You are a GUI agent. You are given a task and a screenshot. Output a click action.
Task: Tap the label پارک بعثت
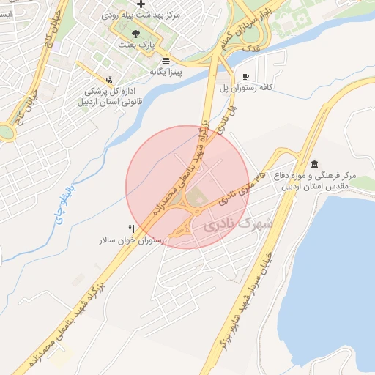coord(135,45)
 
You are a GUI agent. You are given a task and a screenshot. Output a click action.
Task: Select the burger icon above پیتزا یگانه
coord(166,60)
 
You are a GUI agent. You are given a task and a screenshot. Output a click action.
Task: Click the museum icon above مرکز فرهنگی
coord(314,163)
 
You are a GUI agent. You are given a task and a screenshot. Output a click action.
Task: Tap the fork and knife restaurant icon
coord(131,228)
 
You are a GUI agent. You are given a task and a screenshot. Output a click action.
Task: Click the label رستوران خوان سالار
coord(132,240)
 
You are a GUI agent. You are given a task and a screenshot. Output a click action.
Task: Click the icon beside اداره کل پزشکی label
coord(109,80)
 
